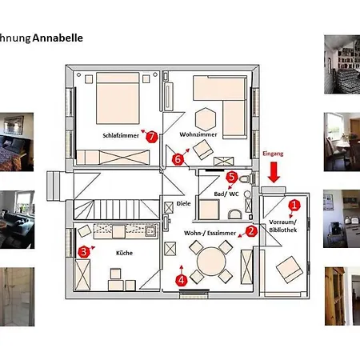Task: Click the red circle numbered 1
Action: (x=294, y=205)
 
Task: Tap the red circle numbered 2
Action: (x=250, y=231)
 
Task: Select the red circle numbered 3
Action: (x=83, y=252)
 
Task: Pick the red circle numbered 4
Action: (x=182, y=280)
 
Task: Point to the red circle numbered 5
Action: (x=231, y=177)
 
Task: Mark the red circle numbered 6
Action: (x=178, y=158)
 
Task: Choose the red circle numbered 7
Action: (x=151, y=135)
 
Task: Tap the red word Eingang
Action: (x=274, y=153)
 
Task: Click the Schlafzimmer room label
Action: (x=119, y=136)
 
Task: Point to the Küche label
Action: (x=124, y=253)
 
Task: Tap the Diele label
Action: (x=183, y=204)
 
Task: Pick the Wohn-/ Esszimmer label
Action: (x=210, y=232)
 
